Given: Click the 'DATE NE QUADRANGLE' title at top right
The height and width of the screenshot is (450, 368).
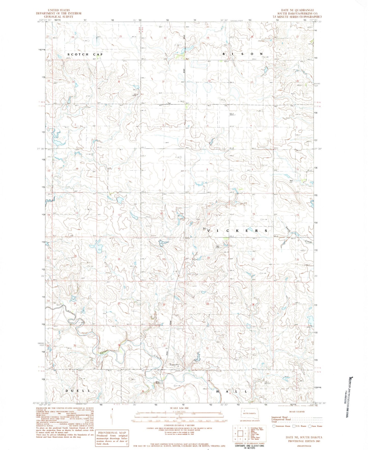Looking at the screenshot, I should click(x=296, y=10).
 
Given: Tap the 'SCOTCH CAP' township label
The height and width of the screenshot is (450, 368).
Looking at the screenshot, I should click(x=85, y=54).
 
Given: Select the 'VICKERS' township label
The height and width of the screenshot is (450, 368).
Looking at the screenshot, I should click(x=237, y=231).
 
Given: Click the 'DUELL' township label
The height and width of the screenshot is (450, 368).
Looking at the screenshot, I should click(x=78, y=391).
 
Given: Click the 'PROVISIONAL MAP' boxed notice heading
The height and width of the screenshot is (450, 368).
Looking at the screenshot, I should click(x=112, y=433).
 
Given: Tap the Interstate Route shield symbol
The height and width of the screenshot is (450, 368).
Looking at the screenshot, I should click(x=274, y=426).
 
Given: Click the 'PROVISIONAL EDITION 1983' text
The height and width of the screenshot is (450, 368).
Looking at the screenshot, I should click(x=304, y=441).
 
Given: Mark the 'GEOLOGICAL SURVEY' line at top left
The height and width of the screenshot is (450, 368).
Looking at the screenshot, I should click(x=59, y=17).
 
